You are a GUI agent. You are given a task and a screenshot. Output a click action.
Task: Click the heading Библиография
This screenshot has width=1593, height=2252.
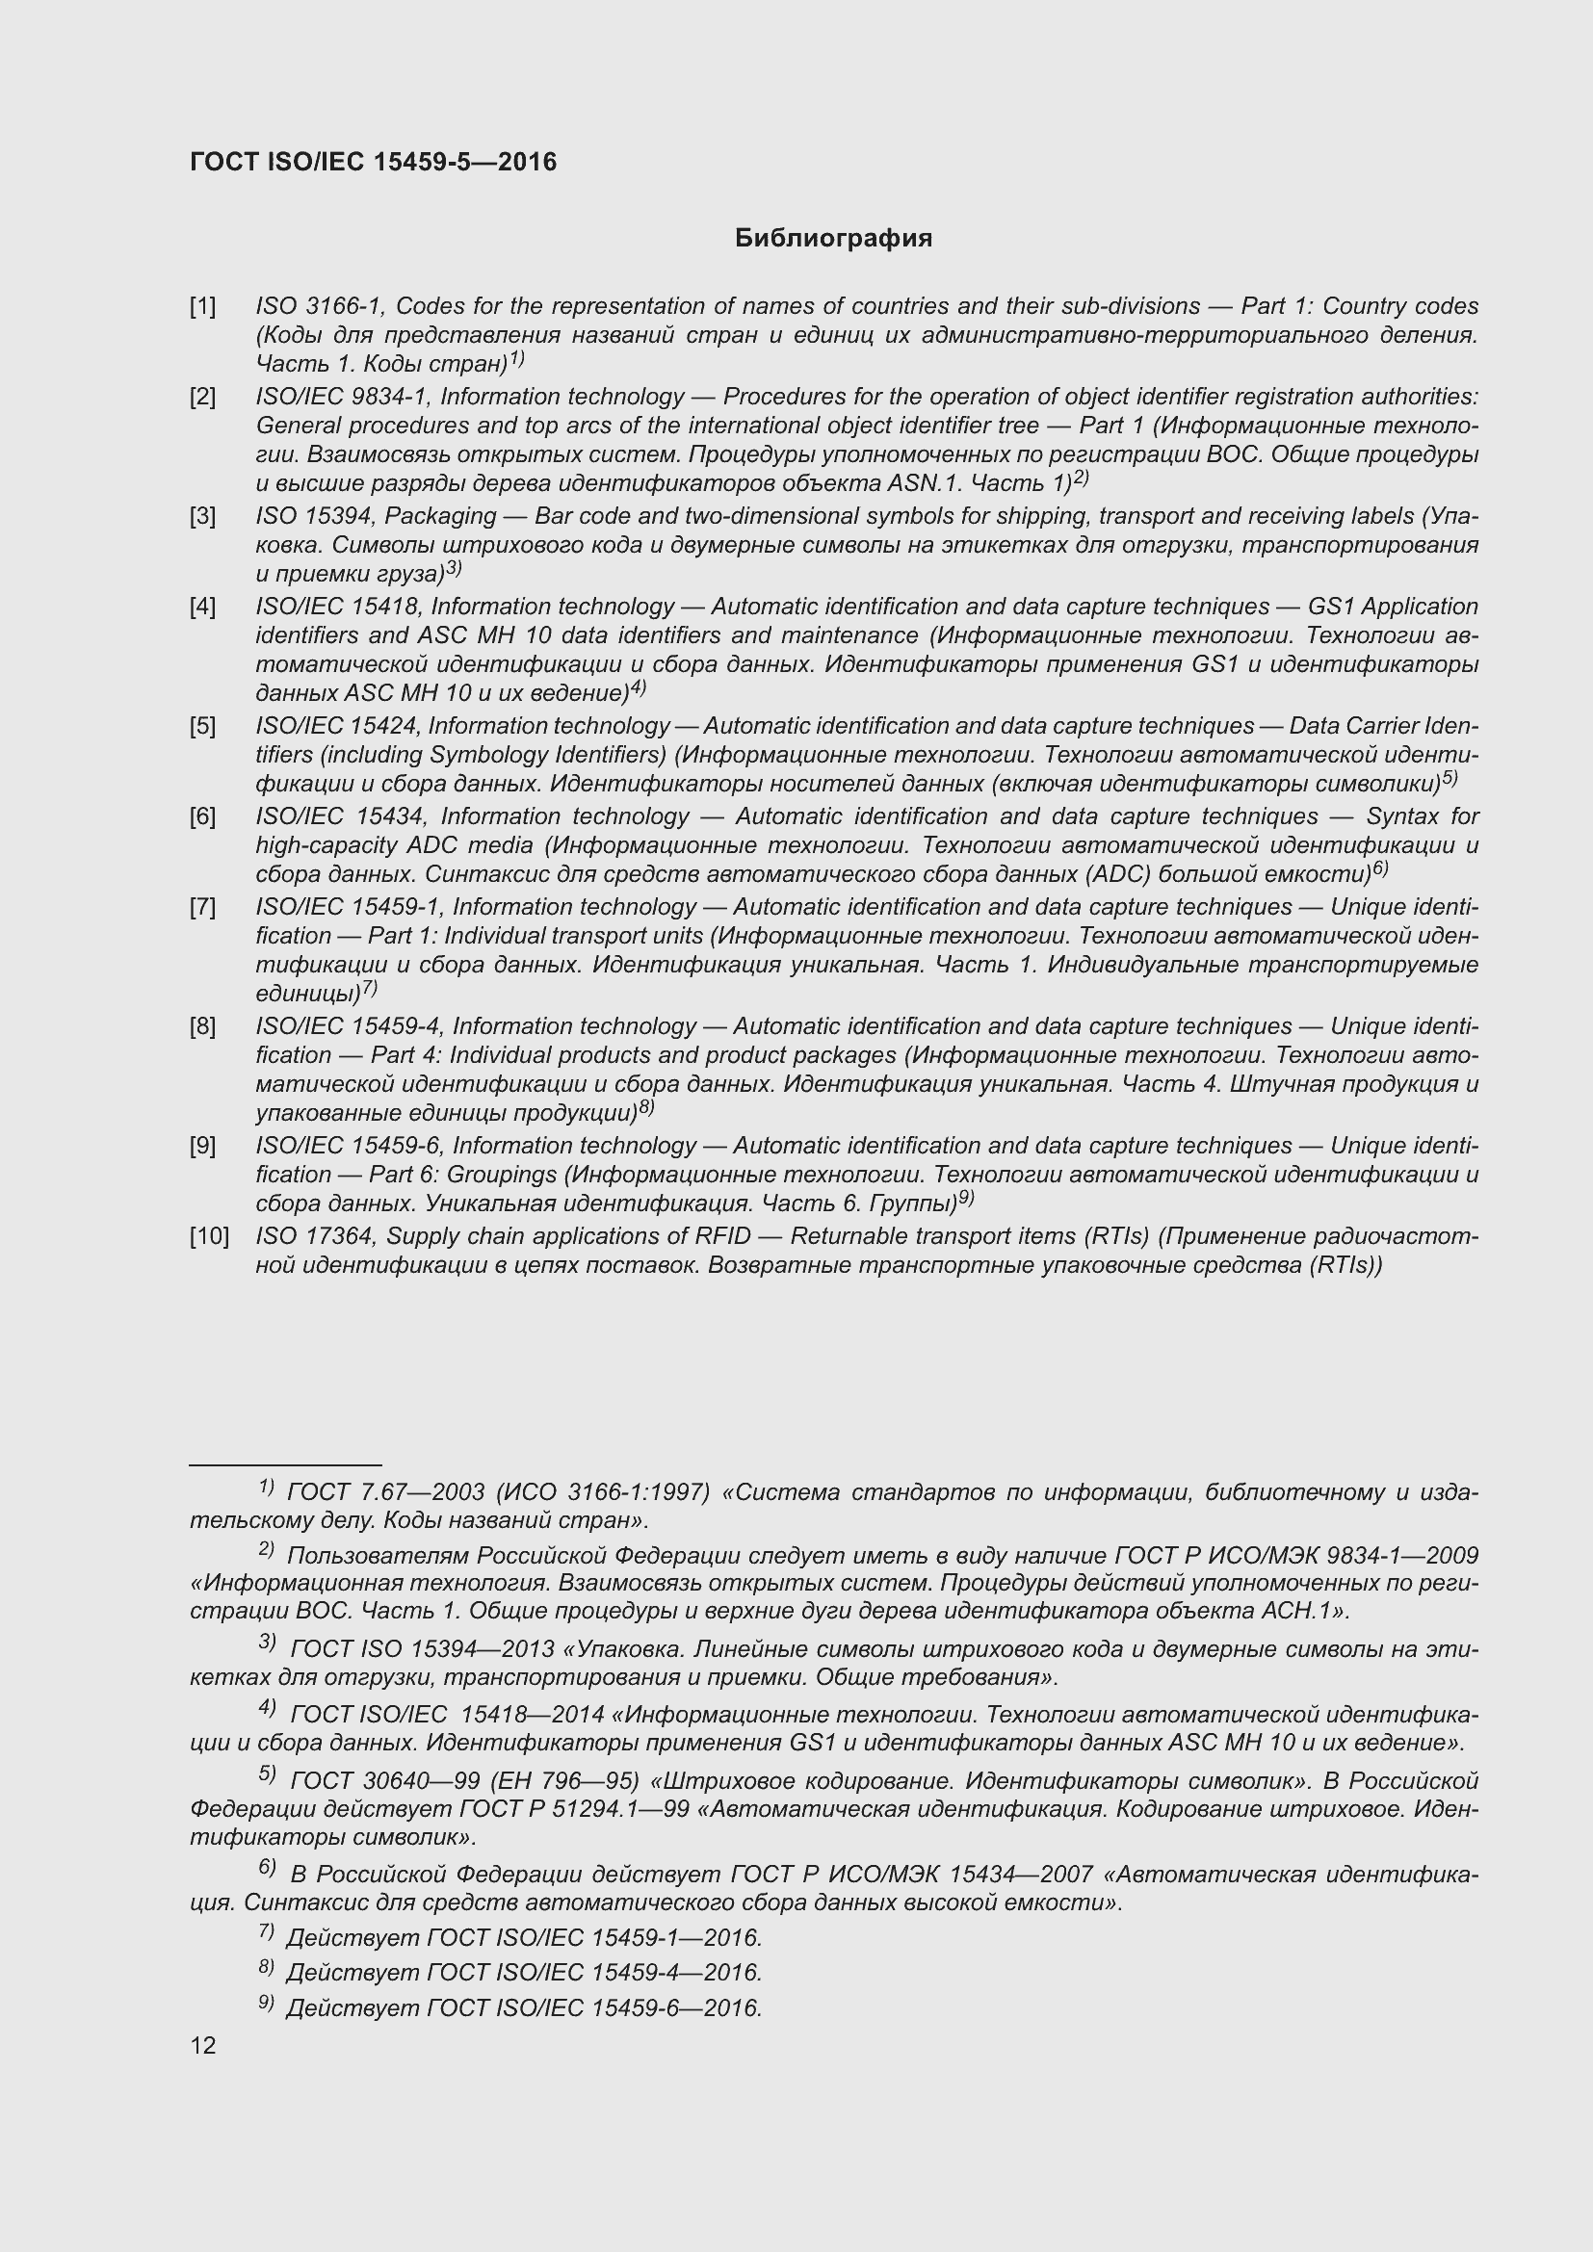click(x=833, y=239)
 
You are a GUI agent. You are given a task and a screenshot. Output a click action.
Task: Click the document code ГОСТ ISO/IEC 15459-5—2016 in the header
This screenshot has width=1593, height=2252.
click(x=373, y=162)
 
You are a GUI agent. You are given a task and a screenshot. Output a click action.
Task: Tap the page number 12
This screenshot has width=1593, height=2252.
click(x=203, y=2045)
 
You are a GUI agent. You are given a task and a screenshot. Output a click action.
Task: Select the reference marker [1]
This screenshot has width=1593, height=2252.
click(x=203, y=307)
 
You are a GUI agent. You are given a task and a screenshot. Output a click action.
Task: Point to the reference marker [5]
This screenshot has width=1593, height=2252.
click(x=203, y=727)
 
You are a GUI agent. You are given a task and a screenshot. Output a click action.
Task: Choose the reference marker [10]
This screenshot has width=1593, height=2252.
click(x=209, y=1237)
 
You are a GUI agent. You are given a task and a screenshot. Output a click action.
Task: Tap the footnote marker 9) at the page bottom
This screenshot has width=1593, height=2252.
click(x=266, y=2004)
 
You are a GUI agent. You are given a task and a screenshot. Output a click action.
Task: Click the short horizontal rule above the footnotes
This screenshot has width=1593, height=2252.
click(x=284, y=1464)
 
